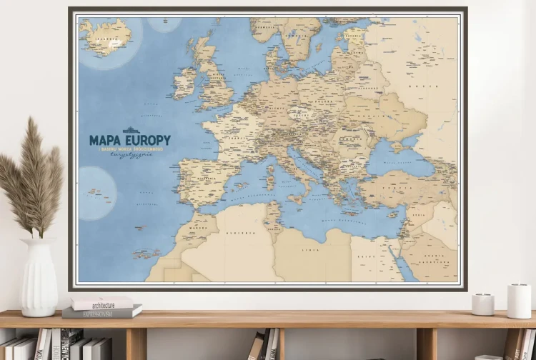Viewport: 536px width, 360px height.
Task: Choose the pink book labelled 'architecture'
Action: (101, 303)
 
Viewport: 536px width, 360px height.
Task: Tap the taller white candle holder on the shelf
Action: (519, 300)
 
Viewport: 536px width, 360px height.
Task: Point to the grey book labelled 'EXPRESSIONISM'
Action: (101, 312)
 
